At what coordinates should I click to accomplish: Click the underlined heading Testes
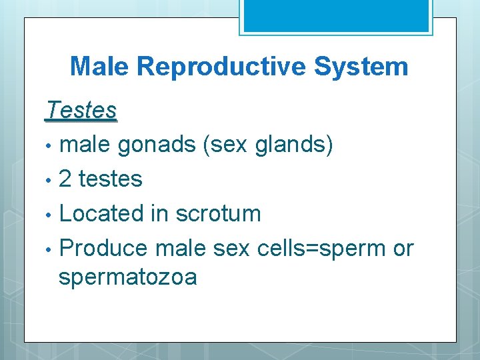(x=81, y=111)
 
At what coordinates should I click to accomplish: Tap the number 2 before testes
(x=66, y=179)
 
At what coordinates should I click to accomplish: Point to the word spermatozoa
(x=127, y=277)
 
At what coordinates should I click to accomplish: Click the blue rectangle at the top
(x=335, y=15)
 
